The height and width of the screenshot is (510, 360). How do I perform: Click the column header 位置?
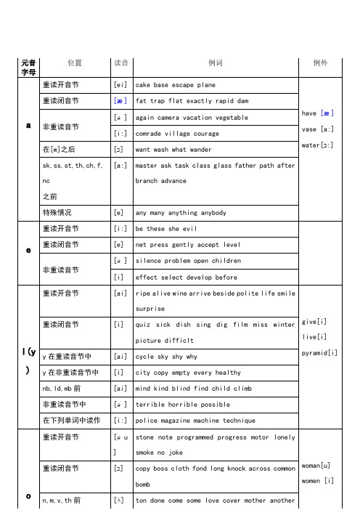[74, 63]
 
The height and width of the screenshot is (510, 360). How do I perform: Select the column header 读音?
[120, 63]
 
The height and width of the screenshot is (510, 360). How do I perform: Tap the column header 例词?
[215, 63]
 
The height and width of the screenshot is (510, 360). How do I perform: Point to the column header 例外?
[324, 63]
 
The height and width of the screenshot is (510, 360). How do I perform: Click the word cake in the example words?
[144, 84]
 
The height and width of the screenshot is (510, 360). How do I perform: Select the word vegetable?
[232, 117]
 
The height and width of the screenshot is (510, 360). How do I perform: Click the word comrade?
[150, 134]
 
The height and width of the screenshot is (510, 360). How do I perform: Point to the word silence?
[150, 260]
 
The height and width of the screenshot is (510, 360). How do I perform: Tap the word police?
[148, 419]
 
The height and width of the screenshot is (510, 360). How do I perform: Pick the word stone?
[146, 439]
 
